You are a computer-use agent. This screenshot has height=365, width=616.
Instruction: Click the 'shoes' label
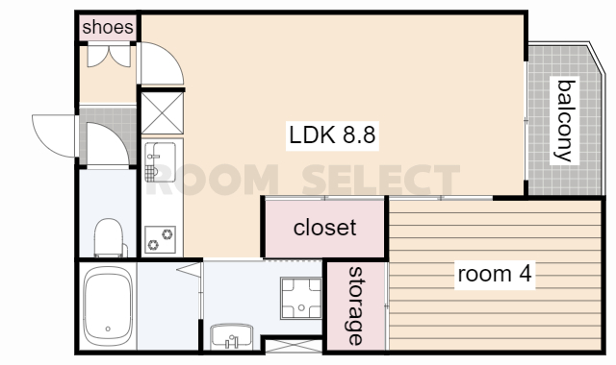(x=108, y=28)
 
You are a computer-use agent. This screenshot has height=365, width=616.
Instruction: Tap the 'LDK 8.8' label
(x=332, y=135)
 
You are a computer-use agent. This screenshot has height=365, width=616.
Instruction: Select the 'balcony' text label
(x=566, y=120)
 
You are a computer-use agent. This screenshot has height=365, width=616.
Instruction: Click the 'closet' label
(x=325, y=228)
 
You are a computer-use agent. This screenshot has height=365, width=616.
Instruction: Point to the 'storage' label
(x=356, y=305)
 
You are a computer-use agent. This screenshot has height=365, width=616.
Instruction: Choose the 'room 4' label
(x=495, y=274)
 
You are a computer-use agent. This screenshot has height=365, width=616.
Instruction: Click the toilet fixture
(x=109, y=237)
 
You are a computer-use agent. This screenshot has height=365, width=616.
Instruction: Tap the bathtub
(x=108, y=305)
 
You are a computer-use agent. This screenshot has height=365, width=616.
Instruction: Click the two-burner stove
(x=160, y=239)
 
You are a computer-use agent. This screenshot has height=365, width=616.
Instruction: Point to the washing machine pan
(x=301, y=298)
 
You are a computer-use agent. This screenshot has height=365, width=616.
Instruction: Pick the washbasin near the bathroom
(x=231, y=336)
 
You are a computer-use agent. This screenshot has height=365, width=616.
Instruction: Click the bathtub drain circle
(x=108, y=328)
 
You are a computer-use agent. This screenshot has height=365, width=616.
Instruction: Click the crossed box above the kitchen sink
(x=163, y=113)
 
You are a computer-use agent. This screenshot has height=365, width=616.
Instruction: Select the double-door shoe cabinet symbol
(x=109, y=56)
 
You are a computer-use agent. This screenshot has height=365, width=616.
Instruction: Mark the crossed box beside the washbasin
(x=294, y=346)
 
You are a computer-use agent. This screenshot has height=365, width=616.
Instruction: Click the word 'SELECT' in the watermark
(x=381, y=180)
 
